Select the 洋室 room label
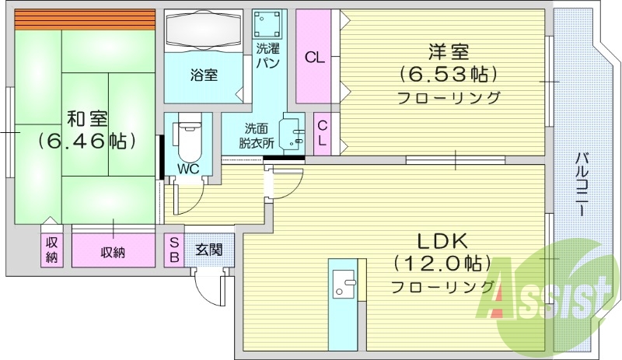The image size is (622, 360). (x=448, y=53)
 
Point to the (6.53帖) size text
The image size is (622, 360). (x=448, y=75)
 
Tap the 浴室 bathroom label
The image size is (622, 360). (x=204, y=75)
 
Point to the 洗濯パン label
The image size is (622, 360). (x=268, y=54)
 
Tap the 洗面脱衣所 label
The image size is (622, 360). (x=257, y=136)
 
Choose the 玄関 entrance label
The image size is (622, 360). (x=208, y=250)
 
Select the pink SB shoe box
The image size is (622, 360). (x=173, y=250)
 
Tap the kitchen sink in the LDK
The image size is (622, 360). (x=342, y=283)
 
